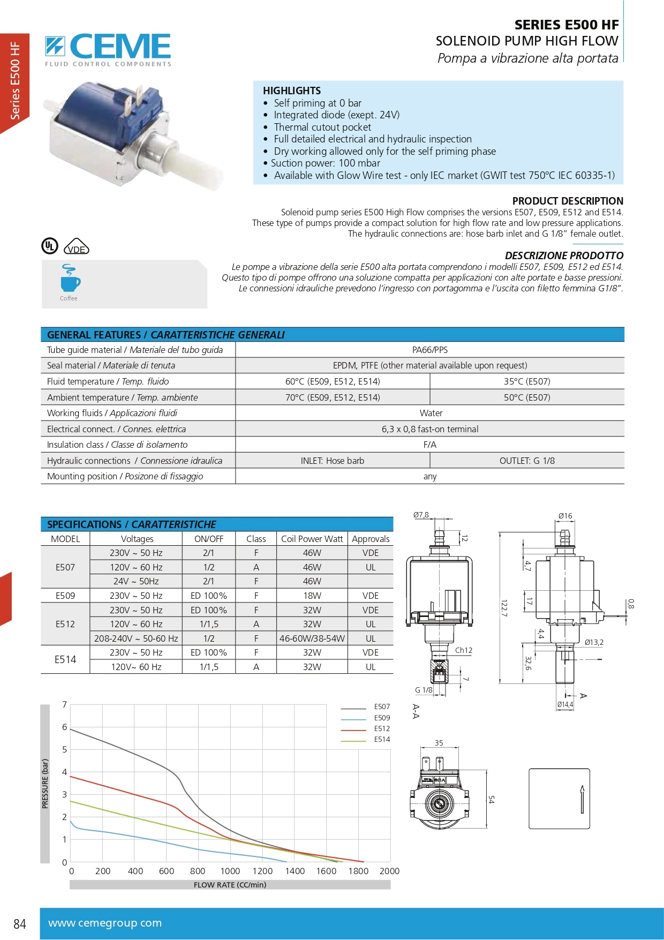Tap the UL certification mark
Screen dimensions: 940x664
pyautogui.click(x=50, y=246)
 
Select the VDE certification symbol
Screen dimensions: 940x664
pyautogui.click(x=77, y=247)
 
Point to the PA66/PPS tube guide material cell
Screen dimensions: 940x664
pyautogui.click(x=429, y=350)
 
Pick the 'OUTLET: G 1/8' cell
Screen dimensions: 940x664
pyautogui.click(x=527, y=461)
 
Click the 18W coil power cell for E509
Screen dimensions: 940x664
pyautogui.click(x=312, y=596)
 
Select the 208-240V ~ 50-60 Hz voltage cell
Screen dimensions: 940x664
pyautogui.click(x=136, y=638)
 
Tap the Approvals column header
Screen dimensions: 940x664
pyautogui.click(x=371, y=539)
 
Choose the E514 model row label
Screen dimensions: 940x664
pyautogui.click(x=65, y=660)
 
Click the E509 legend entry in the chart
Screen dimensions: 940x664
pyautogui.click(x=382, y=718)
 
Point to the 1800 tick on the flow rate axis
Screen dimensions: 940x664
pyautogui.click(x=358, y=871)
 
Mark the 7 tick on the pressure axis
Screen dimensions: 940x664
pyautogui.click(x=65, y=704)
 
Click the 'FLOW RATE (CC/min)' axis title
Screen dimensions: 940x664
pyautogui.click(x=230, y=885)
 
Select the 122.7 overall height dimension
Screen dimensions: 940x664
pyautogui.click(x=503, y=608)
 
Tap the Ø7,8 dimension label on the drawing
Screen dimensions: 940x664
pyautogui.click(x=421, y=515)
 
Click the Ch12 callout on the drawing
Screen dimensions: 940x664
pyautogui.click(x=464, y=650)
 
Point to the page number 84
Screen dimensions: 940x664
pyautogui.click(x=20, y=924)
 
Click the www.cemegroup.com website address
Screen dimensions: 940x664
pyautogui.click(x=105, y=923)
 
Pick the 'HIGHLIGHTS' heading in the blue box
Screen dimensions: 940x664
pyautogui.click(x=292, y=91)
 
